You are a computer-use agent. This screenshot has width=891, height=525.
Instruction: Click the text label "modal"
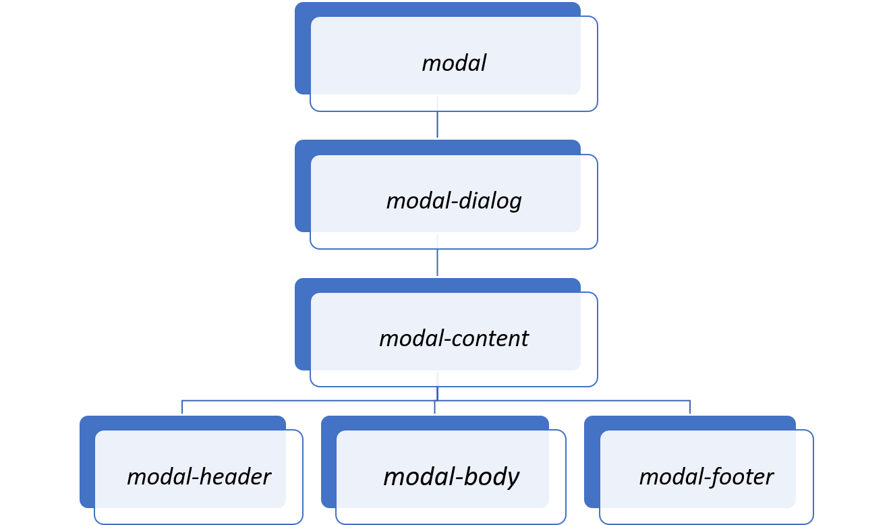(x=454, y=63)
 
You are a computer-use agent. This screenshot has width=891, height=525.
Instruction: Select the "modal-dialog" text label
(x=454, y=201)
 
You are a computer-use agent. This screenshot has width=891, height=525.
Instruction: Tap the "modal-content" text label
(x=454, y=339)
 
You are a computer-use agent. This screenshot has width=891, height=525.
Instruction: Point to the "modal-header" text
(x=198, y=477)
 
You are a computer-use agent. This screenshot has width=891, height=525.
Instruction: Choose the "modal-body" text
(x=451, y=477)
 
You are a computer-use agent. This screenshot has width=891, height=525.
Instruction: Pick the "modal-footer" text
(x=706, y=477)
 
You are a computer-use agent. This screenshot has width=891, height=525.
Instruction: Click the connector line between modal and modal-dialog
(x=438, y=125)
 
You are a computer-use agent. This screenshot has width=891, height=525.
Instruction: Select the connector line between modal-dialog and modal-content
(x=438, y=263)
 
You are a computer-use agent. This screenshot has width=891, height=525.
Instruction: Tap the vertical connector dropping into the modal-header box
(x=182, y=407)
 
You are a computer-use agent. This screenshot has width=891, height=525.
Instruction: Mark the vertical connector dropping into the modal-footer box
(x=690, y=407)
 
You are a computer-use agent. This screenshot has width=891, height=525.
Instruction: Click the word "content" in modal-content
(x=492, y=339)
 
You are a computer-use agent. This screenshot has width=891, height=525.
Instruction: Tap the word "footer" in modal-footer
(x=740, y=477)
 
